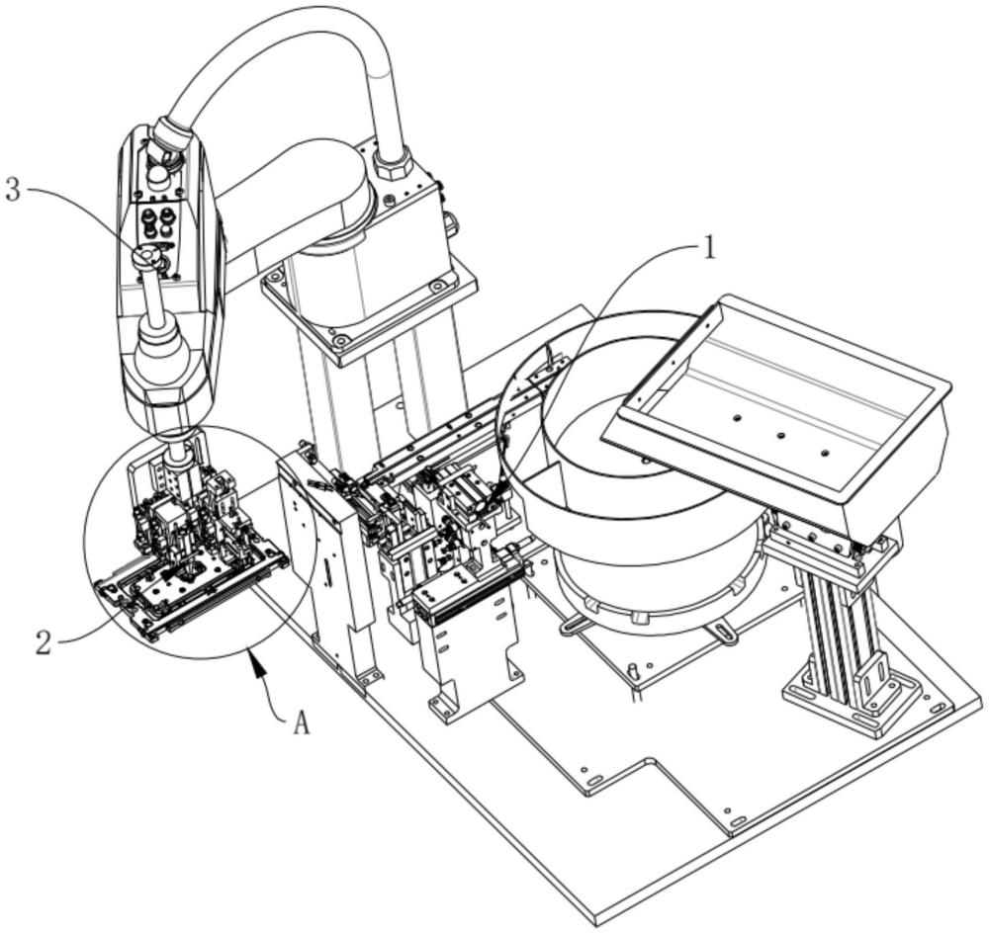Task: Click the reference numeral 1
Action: pos(709,249)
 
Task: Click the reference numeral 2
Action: pos(44,642)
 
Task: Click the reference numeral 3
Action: pos(14,190)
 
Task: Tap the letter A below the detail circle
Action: pos(302,724)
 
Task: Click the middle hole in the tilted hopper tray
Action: pos(780,435)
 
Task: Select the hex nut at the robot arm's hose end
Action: pos(171,133)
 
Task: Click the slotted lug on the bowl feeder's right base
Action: pos(724,633)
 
